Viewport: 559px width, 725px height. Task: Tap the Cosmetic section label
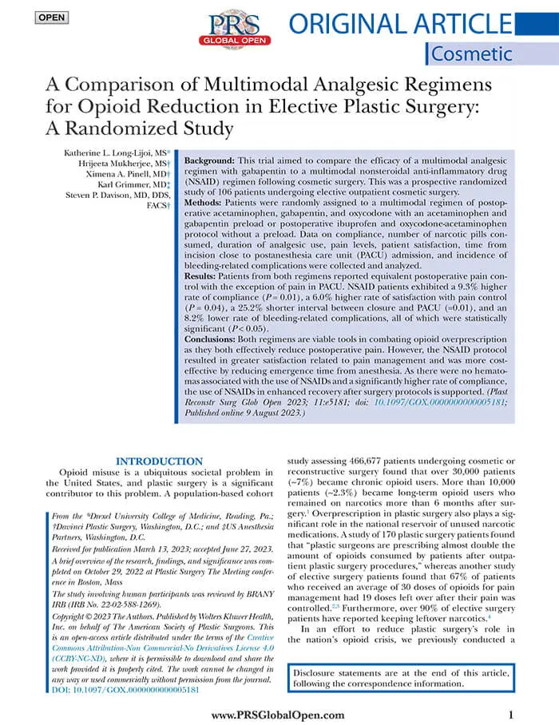(471, 54)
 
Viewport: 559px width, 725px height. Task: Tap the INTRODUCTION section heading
(159, 461)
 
